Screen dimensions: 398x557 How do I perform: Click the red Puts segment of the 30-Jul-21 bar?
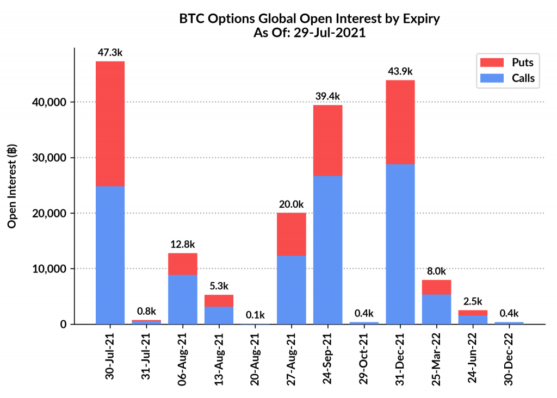coord(110,123)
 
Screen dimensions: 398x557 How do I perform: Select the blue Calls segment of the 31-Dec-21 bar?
coord(400,244)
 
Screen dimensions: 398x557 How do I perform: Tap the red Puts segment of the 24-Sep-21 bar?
coord(327,140)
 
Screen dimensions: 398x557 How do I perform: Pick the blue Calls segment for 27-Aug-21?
coord(291,289)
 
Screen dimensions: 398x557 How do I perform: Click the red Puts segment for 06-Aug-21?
coord(182,264)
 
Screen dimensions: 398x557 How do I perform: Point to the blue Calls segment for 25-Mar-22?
coord(436,309)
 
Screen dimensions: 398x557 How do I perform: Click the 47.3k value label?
coord(110,53)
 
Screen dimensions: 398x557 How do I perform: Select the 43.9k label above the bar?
coord(400,71)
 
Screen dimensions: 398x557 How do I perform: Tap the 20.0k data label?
coord(291,204)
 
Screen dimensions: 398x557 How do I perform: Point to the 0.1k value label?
coord(255,315)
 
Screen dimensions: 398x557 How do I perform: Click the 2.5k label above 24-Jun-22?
coord(473,301)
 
